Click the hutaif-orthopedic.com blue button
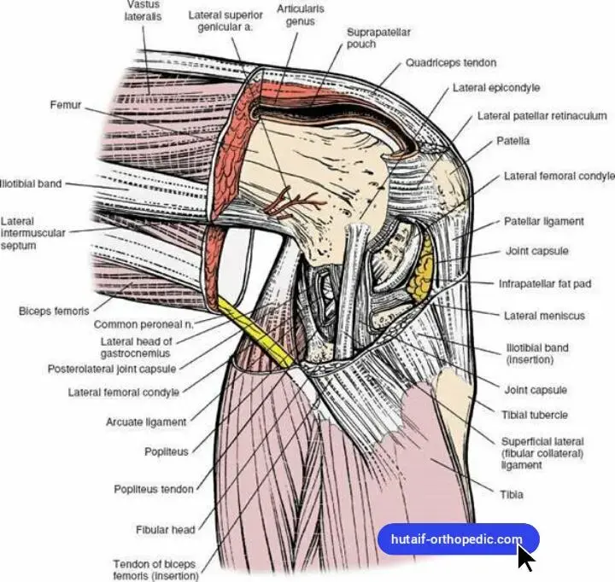point(458,539)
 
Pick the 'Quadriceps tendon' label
point(450,63)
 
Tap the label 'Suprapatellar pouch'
point(378,38)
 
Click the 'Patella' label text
point(512,140)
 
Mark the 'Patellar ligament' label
point(544,221)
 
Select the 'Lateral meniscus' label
point(544,316)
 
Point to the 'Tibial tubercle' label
point(536,416)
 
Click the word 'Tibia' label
point(512,494)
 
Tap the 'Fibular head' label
point(165,530)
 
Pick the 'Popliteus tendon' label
point(154,489)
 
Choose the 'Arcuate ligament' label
point(145,422)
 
